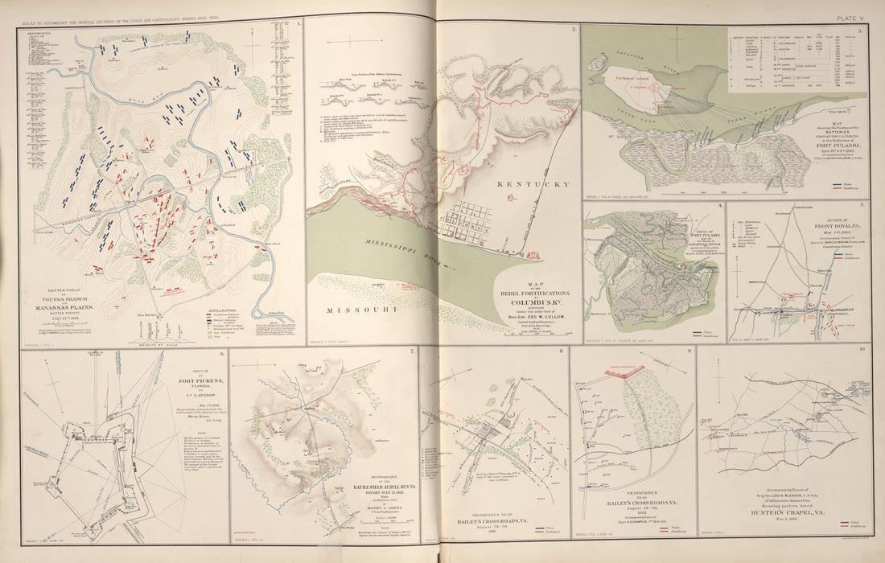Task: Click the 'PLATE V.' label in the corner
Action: (x=851, y=17)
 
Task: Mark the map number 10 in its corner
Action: (x=862, y=349)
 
